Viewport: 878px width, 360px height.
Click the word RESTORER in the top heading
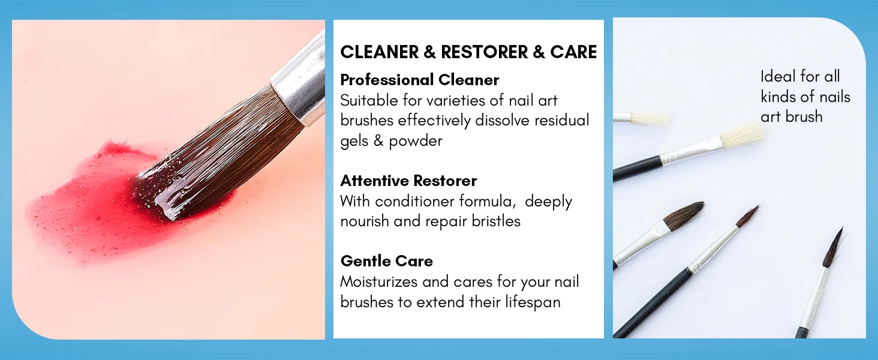point(485,52)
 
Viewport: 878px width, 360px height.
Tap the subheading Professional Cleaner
point(420,80)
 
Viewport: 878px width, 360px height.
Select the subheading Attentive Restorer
point(408,181)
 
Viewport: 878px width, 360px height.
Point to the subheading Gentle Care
point(386,261)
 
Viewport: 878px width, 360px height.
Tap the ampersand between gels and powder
point(378,141)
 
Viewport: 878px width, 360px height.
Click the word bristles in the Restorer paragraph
point(496,221)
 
